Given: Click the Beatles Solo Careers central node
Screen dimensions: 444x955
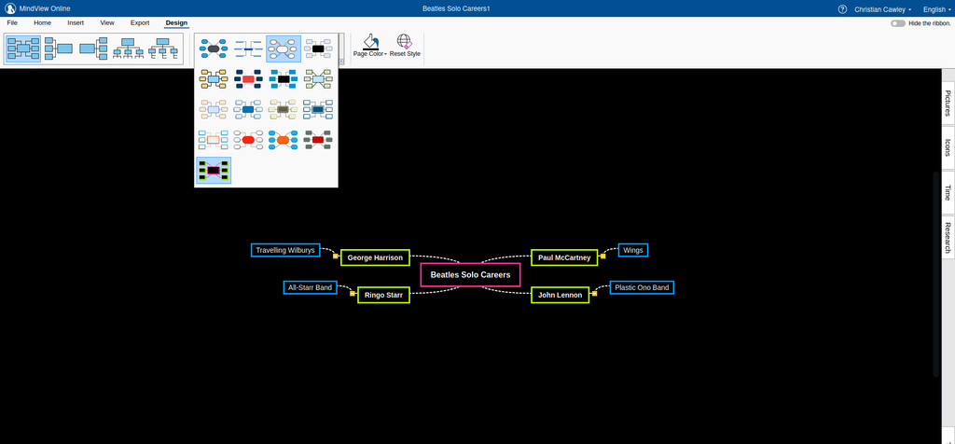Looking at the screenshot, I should (470, 275).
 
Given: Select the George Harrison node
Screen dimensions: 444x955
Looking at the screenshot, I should (375, 257).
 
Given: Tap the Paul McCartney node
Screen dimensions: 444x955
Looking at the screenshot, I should (564, 257).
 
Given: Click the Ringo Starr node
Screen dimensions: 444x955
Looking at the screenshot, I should (383, 295).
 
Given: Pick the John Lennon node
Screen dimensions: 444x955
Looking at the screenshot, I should (560, 295).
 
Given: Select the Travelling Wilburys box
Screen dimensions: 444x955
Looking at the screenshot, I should (285, 250).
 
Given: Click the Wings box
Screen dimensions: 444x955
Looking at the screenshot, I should (633, 250).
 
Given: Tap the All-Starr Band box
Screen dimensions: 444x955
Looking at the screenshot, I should (311, 287).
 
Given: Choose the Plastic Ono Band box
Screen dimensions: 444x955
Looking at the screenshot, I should (642, 287).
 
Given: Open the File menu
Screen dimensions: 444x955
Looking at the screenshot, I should (12, 22).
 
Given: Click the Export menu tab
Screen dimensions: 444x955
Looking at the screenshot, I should (140, 22).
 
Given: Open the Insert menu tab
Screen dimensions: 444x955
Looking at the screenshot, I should (76, 22).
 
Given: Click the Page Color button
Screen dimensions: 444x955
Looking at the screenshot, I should (370, 46).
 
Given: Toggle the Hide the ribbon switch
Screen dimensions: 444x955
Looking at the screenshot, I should (898, 22).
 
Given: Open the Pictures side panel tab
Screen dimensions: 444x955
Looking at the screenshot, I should (948, 104).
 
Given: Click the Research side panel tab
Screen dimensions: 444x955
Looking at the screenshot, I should (948, 238).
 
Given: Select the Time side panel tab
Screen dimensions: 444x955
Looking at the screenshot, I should (948, 192).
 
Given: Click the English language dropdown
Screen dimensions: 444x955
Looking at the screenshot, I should (935, 8).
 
